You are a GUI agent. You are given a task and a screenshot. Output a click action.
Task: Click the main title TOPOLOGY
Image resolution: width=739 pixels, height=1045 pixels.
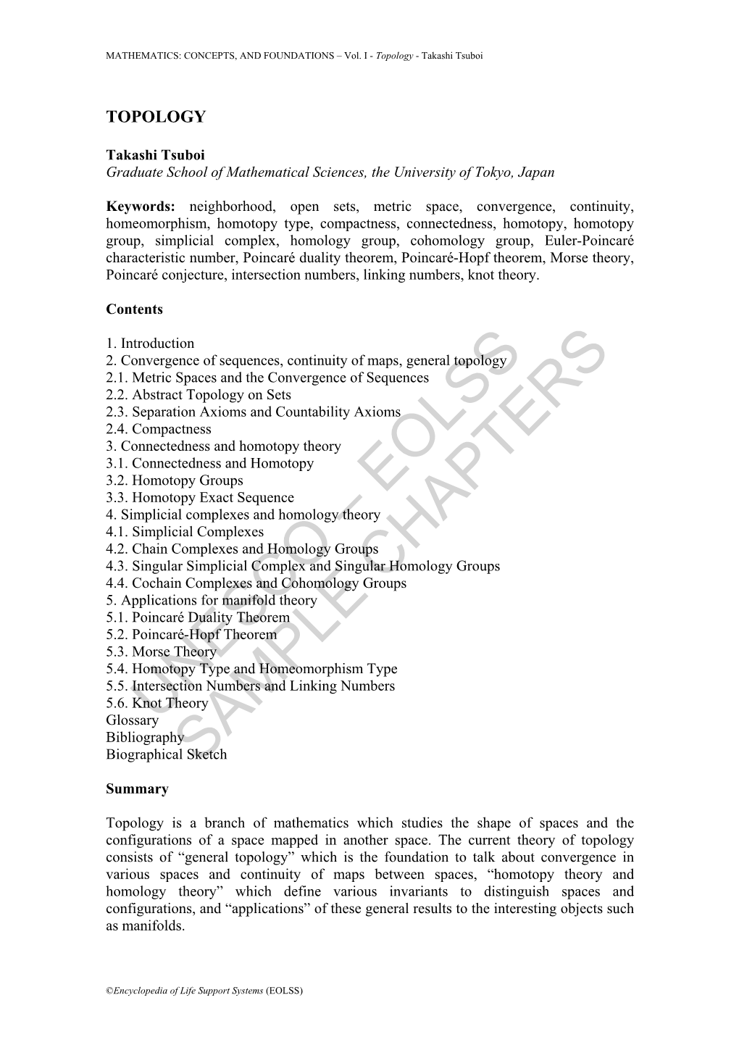point(156,117)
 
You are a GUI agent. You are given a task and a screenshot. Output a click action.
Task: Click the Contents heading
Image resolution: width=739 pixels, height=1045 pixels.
point(134,309)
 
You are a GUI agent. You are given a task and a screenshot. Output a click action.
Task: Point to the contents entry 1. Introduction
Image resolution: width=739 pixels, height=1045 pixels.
point(150,344)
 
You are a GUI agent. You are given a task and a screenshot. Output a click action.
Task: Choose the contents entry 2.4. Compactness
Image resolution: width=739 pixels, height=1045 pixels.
point(159,429)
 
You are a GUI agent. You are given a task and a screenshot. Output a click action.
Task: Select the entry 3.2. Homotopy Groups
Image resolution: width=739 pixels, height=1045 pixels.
point(175,480)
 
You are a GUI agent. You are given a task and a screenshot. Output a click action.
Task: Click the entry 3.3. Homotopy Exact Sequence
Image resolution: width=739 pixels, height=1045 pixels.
point(200,498)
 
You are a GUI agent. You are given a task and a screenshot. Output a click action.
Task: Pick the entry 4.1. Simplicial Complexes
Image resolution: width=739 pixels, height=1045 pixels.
point(185,532)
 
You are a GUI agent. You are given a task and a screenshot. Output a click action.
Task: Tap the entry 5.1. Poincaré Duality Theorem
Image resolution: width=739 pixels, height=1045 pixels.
point(198,617)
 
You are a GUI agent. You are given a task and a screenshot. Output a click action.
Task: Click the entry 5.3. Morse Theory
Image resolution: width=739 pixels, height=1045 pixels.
point(161,651)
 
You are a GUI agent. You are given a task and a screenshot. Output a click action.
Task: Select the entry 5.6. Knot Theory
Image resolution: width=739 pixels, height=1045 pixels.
point(157,703)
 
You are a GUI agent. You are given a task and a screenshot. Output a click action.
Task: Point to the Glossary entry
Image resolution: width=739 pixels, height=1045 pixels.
point(132,720)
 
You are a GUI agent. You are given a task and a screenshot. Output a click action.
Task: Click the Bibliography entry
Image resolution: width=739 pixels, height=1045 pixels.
point(145,738)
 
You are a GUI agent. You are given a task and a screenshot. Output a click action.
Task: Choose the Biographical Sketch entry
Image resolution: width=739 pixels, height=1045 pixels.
point(166,754)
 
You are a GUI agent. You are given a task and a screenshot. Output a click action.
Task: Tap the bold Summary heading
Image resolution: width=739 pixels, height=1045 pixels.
point(137,789)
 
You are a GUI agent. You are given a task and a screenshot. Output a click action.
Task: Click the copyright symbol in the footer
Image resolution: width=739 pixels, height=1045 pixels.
point(109,991)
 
